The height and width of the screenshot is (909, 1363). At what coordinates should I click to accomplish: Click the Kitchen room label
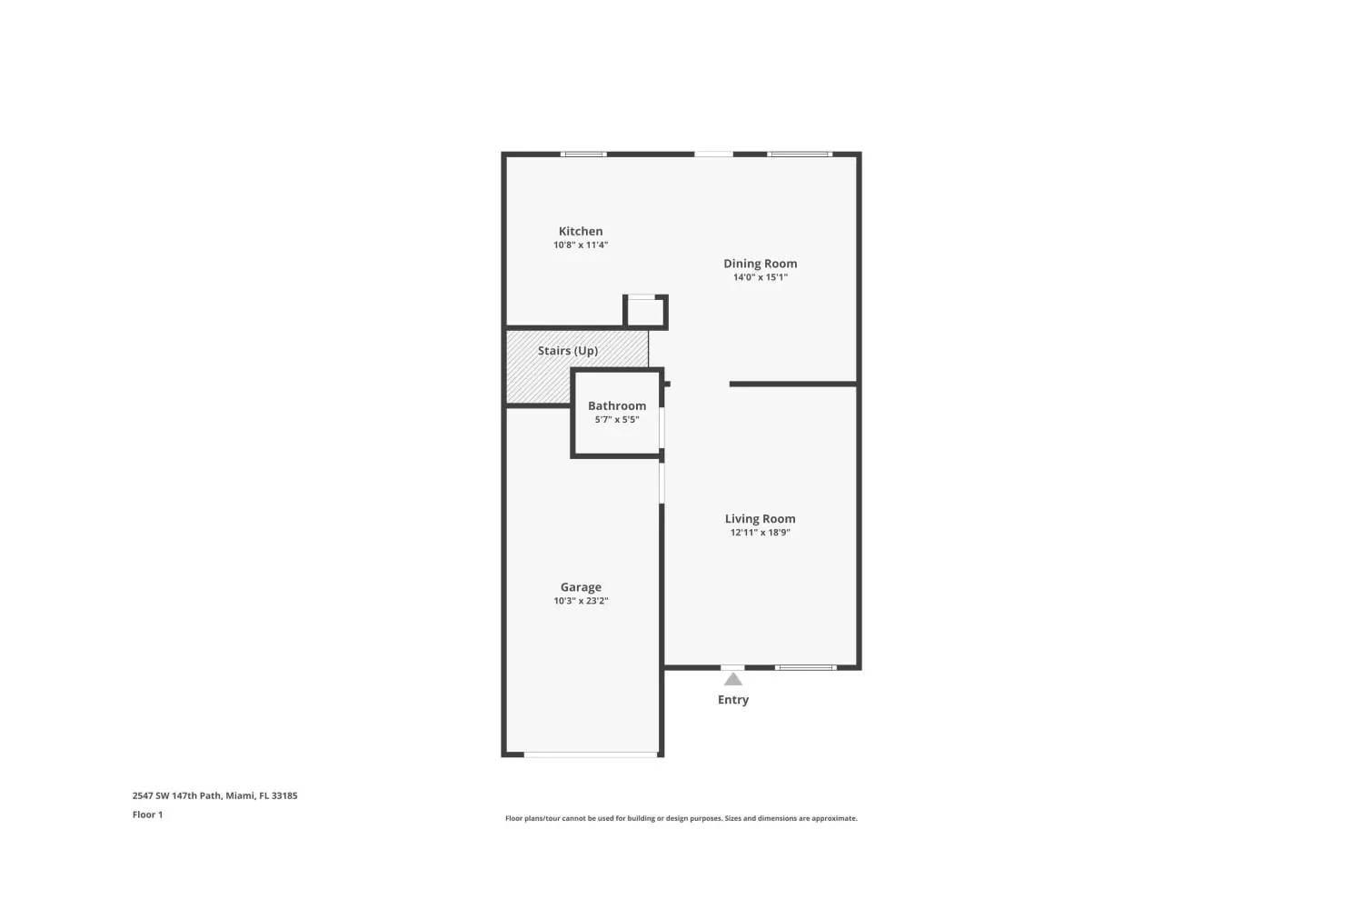[x=581, y=231]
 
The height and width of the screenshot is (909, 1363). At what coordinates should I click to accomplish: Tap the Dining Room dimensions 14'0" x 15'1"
[x=760, y=277]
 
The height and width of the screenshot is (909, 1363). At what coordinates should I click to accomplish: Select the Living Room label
[x=760, y=519]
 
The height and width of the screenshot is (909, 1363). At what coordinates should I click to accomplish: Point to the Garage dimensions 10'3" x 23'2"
[x=581, y=601]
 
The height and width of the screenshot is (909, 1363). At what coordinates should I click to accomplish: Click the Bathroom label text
[x=617, y=405]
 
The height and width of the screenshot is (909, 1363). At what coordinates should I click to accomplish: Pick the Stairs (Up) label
[x=567, y=351]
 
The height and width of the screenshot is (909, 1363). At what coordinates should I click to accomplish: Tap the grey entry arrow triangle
[x=733, y=680]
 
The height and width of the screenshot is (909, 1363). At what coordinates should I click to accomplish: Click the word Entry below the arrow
[x=733, y=700]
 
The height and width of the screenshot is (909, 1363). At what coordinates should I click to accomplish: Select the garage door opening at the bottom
[x=592, y=754]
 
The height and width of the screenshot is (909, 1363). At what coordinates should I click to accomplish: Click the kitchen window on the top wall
[x=583, y=154]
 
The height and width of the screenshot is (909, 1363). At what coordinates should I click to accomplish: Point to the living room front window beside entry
[x=805, y=668]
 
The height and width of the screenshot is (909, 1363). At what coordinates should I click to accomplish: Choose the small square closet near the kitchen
[x=646, y=312]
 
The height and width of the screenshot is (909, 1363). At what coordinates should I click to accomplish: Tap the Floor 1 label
[x=147, y=814]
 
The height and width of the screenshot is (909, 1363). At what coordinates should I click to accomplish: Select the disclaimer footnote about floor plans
[x=681, y=818]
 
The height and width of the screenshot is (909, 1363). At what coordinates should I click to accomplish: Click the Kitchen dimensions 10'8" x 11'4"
[x=581, y=245]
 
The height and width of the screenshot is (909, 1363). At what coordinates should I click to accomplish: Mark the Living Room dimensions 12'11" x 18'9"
[x=760, y=533]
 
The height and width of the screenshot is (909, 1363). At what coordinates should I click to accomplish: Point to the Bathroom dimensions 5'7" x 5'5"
[x=617, y=420]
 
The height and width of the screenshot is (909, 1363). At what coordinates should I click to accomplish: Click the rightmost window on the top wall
[x=800, y=154]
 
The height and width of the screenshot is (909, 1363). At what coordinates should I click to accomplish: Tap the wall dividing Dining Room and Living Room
[x=793, y=384]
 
